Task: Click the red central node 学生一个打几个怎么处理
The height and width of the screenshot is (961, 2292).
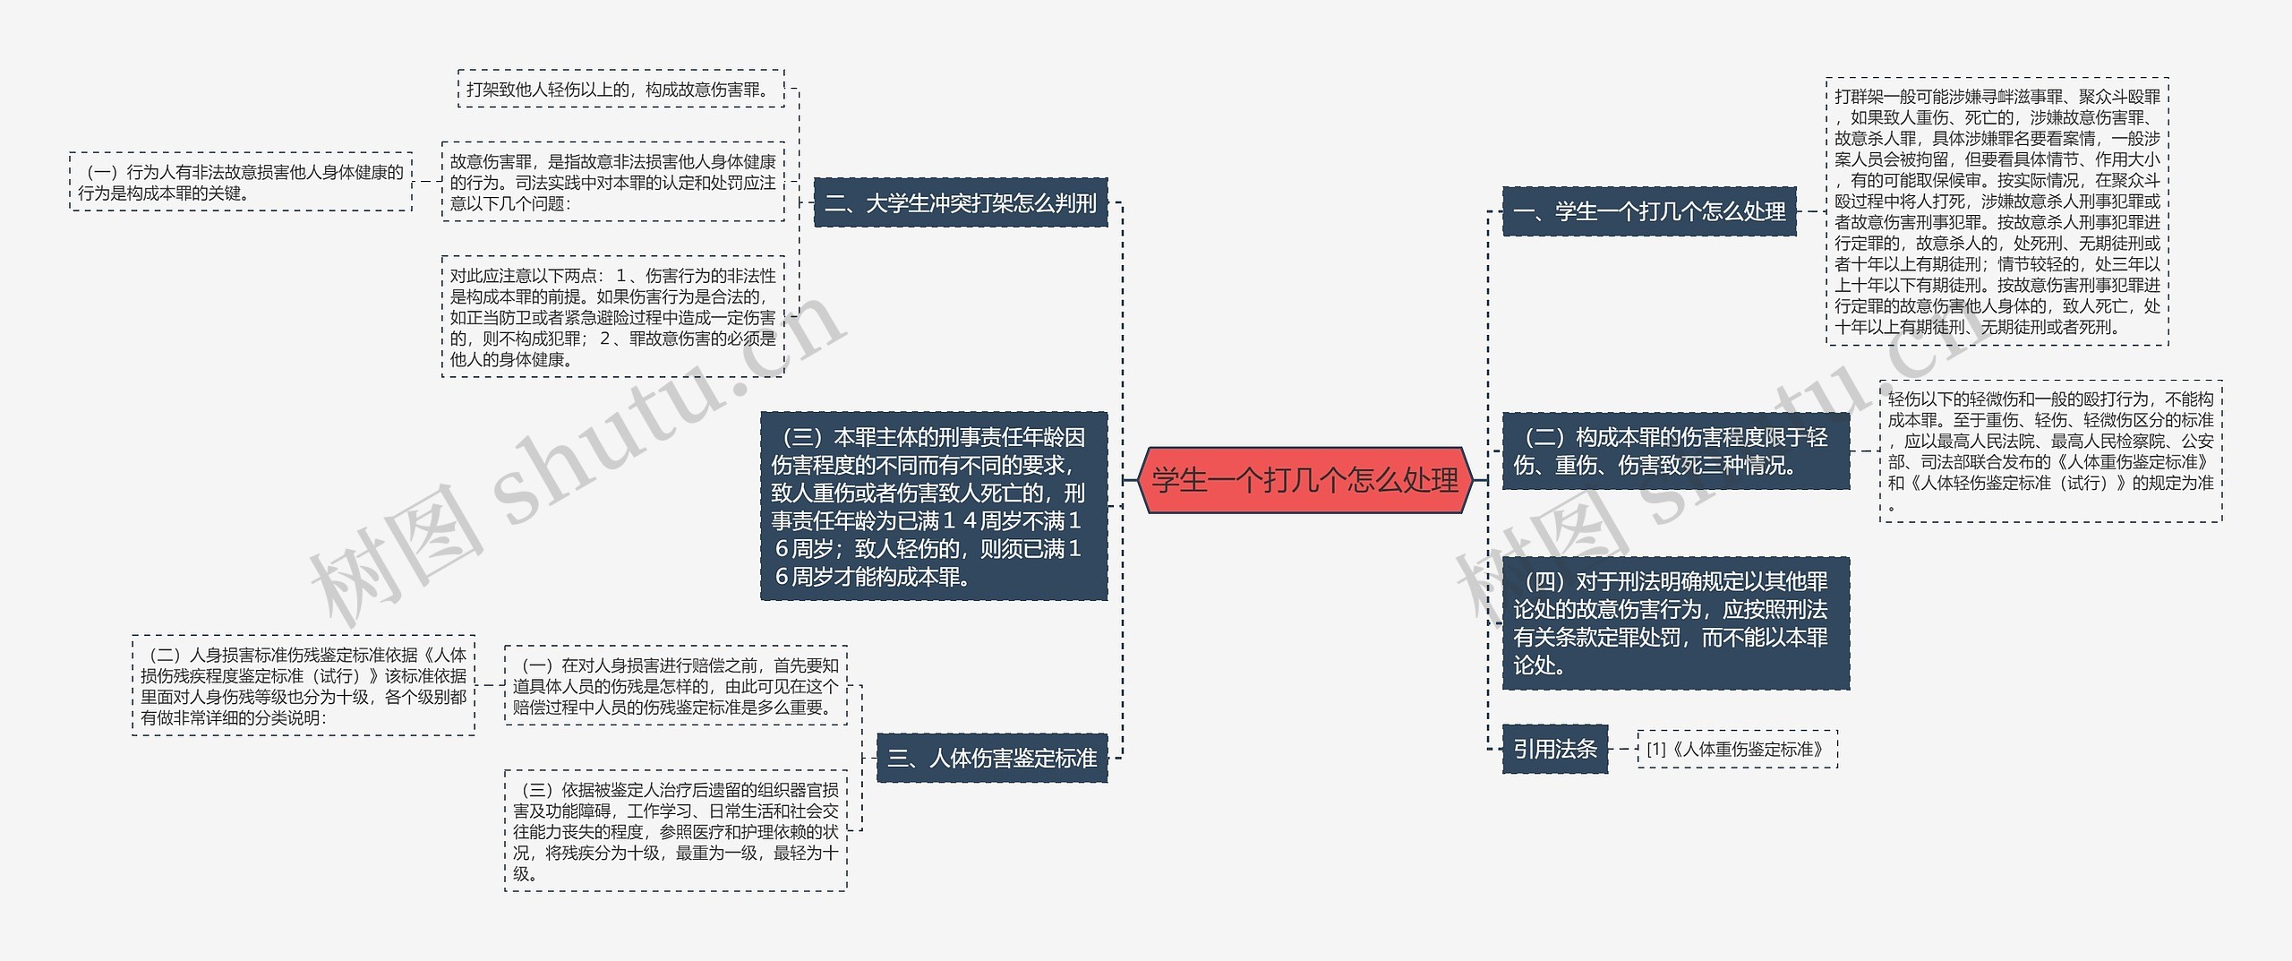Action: (1304, 481)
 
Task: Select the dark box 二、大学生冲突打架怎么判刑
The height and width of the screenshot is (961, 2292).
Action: (960, 203)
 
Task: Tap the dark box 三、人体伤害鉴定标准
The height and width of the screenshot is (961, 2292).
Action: (991, 758)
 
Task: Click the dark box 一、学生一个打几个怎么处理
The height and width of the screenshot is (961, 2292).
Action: (1648, 212)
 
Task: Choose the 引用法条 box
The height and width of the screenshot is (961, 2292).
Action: (1554, 749)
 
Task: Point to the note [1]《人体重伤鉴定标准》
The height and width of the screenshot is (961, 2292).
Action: (1736, 749)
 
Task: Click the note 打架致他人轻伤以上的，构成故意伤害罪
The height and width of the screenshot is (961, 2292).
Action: (620, 90)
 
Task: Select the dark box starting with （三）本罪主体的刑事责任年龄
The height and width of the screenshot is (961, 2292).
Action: (933, 506)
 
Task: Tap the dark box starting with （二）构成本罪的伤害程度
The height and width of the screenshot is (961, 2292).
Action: (1675, 451)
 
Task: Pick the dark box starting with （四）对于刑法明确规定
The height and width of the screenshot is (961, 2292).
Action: (1675, 623)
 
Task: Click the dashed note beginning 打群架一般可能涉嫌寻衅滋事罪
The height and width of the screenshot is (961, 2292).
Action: (1997, 211)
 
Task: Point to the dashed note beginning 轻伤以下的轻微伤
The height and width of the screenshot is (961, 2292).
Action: (2050, 451)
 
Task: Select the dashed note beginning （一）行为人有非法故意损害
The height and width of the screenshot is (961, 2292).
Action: (241, 182)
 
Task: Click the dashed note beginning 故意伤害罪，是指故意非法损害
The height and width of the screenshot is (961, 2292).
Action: (612, 182)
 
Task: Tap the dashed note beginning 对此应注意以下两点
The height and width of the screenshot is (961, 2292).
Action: (612, 317)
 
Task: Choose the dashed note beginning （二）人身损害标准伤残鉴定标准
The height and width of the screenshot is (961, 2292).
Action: (304, 686)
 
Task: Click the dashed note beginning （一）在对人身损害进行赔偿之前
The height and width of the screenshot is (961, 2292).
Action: (675, 686)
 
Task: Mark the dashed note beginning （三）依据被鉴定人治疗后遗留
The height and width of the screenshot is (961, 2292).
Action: (675, 831)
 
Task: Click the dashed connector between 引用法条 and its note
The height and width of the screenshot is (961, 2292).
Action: (1622, 749)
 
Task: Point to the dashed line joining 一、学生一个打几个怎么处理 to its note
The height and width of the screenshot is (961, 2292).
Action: (1810, 212)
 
